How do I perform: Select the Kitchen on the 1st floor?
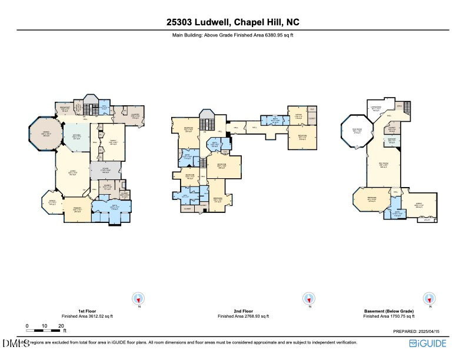76,136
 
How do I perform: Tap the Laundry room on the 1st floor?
135,115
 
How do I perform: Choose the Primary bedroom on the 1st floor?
77,209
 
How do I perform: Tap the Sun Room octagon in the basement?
357,131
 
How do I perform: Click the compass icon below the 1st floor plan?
139,298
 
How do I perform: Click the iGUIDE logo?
431,342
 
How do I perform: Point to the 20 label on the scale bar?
61,326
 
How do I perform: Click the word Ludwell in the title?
211,22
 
